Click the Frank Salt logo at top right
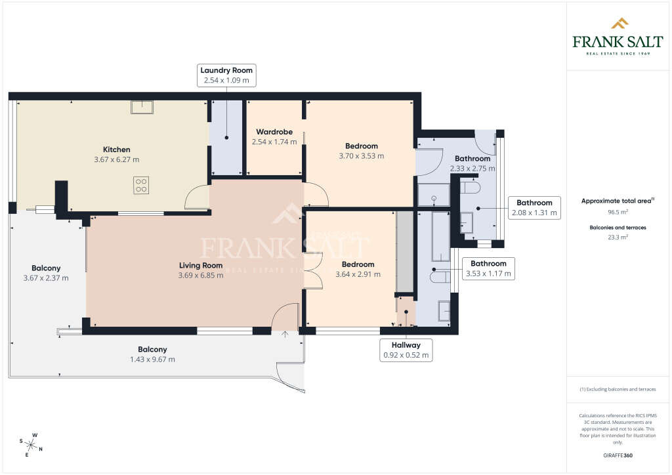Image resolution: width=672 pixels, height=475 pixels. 618,37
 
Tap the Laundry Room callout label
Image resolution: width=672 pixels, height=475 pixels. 226,75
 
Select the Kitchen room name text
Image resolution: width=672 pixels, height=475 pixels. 116,150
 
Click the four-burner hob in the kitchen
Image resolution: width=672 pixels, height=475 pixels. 141,186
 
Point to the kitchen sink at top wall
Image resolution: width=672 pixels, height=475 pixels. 141,107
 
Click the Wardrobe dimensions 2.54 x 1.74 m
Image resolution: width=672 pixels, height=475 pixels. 274,142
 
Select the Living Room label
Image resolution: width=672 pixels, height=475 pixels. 201,265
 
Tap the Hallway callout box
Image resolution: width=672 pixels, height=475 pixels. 406,350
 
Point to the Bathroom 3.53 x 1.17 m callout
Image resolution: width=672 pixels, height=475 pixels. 488,268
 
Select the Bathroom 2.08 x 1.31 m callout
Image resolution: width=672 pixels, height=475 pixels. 534,207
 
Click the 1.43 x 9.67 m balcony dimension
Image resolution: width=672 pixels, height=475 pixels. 152,360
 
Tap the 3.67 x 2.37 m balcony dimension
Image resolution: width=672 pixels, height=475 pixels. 46,278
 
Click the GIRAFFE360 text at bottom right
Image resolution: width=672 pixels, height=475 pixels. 618,455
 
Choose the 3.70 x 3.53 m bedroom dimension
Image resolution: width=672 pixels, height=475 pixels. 361,156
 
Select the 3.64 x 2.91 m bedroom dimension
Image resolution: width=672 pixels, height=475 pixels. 358,275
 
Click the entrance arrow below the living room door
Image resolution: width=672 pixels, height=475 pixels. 285,335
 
